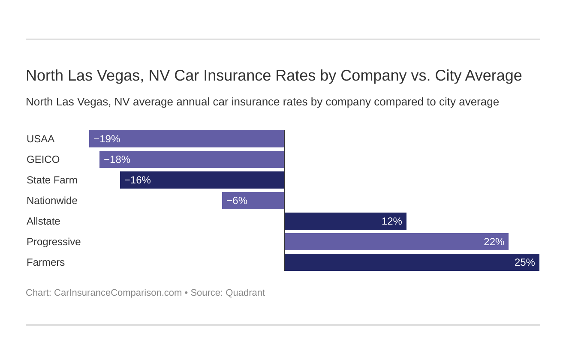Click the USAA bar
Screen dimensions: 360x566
(193, 139)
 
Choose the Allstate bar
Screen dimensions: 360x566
(334, 221)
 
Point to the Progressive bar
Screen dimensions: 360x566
(386, 242)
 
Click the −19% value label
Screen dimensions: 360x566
(107, 139)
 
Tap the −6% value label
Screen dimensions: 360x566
(237, 201)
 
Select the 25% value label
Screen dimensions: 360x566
(524, 262)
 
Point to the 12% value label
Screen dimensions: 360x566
(391, 221)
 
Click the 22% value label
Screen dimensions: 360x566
(494, 242)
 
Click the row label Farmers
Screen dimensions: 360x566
(45, 262)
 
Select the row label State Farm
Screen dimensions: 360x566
(52, 180)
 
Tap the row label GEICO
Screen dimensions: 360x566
(43, 159)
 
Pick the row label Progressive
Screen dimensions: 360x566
(54, 242)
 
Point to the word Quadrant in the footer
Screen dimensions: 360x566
(245, 293)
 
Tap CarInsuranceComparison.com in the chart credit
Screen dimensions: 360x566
(118, 293)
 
